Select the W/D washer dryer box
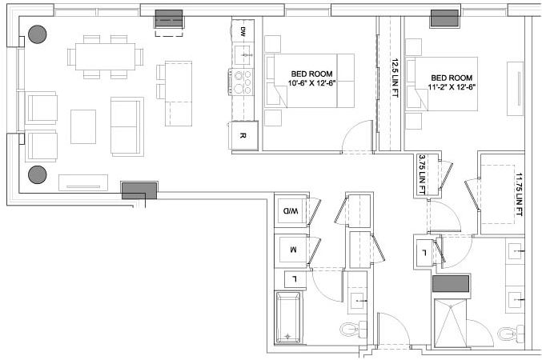(291, 210)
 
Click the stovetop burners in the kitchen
(241, 82)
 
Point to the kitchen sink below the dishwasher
(243, 55)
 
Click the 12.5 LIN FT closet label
(395, 78)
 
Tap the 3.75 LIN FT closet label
(422, 174)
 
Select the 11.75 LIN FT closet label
(519, 194)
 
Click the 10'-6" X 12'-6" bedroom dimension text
(312, 83)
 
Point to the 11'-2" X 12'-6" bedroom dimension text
(452, 87)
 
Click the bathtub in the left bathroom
(288, 318)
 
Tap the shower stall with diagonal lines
(450, 322)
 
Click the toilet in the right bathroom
(511, 334)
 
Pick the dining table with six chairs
(106, 57)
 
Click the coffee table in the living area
(83, 126)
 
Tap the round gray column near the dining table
(38, 34)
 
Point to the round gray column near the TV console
(38, 174)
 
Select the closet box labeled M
(293, 250)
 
